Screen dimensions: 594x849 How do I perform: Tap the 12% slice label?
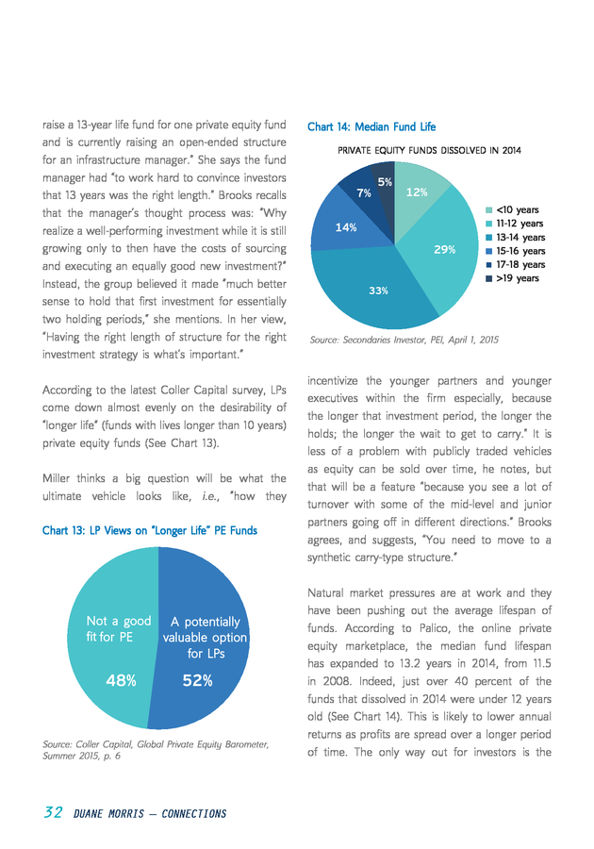coord(417,192)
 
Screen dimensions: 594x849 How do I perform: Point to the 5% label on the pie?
coord(385,182)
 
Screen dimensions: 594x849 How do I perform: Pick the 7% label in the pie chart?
coord(364,192)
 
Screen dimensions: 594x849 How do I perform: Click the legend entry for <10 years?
coord(512,210)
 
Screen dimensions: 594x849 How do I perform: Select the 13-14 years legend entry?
coord(515,237)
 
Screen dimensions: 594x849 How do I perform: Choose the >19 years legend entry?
coord(512,278)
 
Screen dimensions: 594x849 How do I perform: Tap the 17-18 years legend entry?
coord(515,265)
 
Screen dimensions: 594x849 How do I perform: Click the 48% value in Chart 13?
coord(122,680)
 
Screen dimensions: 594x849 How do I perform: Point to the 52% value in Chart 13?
coord(197,680)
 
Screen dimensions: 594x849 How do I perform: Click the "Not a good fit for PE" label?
coord(119,628)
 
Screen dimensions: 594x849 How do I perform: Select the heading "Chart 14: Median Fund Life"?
coord(371,126)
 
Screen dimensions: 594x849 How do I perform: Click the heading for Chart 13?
coord(150,530)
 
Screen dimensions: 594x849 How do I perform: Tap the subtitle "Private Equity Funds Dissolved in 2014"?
coord(430,151)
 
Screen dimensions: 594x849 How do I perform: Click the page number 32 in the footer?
coord(53,813)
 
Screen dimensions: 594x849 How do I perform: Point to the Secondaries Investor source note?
coord(404,340)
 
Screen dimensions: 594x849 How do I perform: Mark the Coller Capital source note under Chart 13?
coord(156,750)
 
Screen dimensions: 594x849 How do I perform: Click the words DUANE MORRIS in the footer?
coord(108,814)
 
